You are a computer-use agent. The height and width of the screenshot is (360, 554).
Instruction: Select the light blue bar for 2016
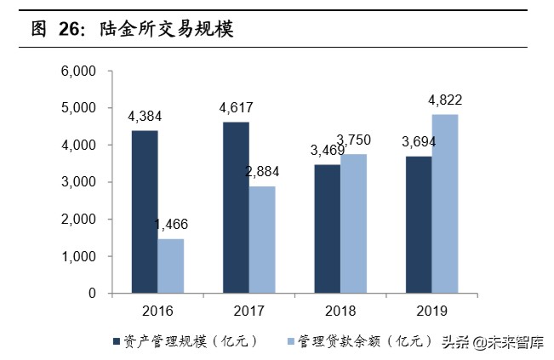tap(170, 266)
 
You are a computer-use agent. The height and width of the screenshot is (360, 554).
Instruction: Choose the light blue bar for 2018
tap(353, 223)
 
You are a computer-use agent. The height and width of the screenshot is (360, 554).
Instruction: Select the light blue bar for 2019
tap(445, 203)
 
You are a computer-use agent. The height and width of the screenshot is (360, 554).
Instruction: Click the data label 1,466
tap(171, 226)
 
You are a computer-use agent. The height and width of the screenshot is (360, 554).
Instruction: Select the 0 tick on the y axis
tap(91, 294)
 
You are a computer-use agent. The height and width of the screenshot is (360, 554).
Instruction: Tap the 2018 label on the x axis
tap(340, 311)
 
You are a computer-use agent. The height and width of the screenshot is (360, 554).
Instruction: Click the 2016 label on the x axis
tap(157, 311)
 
